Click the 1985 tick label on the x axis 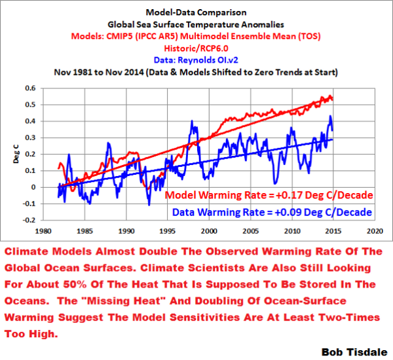click(x=84, y=231)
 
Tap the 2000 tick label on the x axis click(x=209, y=231)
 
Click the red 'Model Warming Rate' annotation click(x=269, y=196)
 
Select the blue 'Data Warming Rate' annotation click(x=272, y=212)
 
